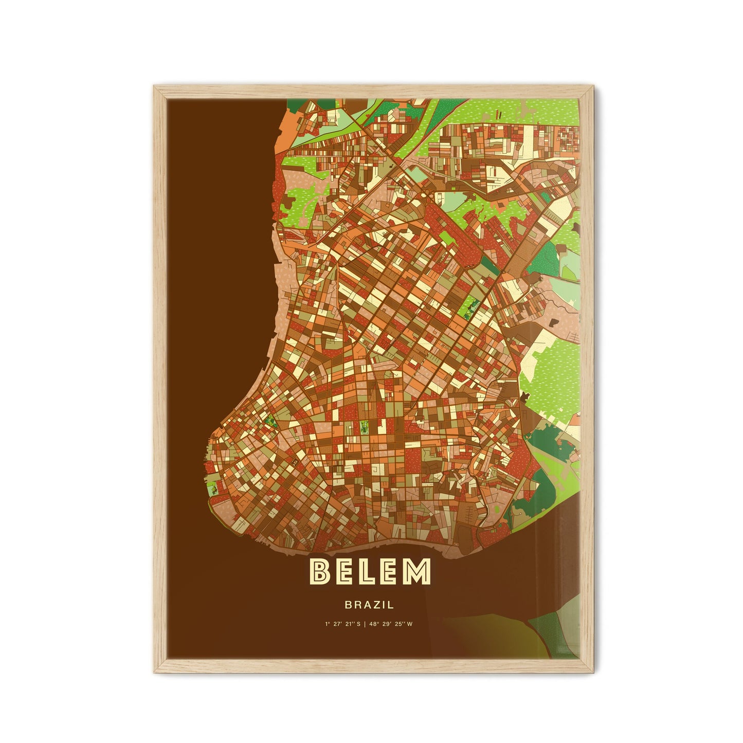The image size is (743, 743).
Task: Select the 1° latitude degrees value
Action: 327,624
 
